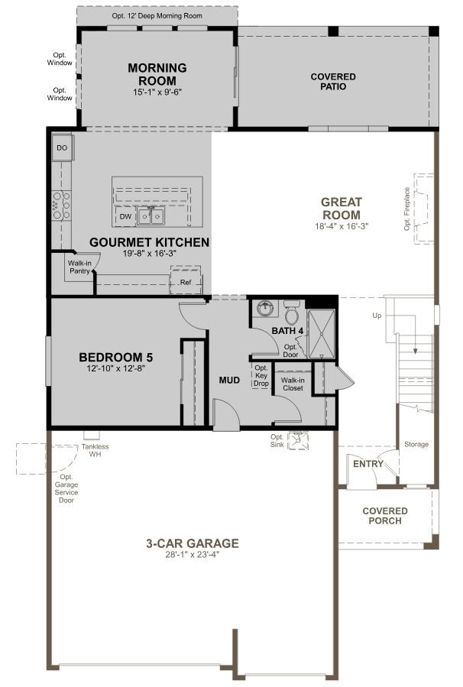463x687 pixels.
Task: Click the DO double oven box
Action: (62, 147)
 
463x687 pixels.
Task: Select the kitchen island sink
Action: (151, 217)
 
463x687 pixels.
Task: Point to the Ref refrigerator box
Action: (185, 282)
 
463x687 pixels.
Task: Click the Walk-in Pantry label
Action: (79, 267)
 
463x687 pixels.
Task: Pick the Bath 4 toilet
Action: (292, 313)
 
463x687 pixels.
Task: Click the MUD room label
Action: (230, 380)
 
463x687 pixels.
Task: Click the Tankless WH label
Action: (95, 451)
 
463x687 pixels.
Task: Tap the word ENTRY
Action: (367, 464)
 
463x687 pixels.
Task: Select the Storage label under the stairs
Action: (416, 445)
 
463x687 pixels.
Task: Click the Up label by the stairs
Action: (376, 315)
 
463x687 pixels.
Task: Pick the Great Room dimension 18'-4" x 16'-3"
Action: (340, 226)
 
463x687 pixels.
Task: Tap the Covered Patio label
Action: (333, 82)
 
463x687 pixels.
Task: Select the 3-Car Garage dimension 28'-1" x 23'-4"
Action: (193, 556)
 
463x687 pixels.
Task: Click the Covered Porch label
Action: (385, 516)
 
